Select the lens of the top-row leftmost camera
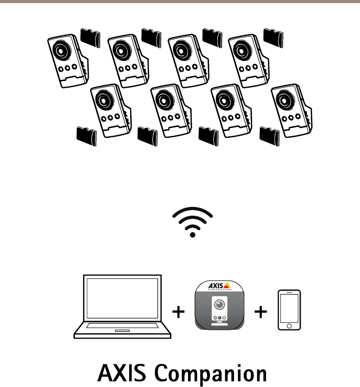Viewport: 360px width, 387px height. tap(61, 52)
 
